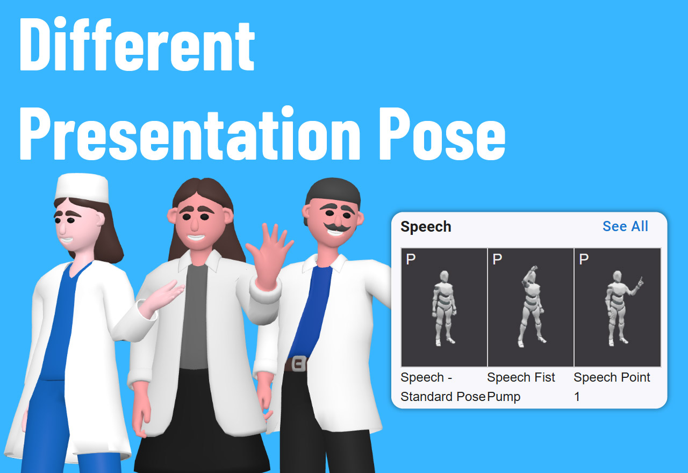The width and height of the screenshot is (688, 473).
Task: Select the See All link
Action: tap(625, 226)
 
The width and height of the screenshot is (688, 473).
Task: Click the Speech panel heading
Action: tap(426, 227)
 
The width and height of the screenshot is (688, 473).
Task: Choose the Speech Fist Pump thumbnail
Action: tap(531, 307)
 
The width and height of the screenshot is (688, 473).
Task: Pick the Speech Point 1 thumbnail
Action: tap(618, 307)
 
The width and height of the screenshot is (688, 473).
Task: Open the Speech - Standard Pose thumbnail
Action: tap(444, 307)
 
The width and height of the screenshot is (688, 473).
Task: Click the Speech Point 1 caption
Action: tap(612, 386)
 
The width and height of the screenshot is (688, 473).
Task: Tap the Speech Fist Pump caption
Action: tap(520, 386)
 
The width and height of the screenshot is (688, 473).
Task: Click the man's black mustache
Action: tap(337, 228)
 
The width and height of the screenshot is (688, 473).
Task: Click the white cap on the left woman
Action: tap(82, 188)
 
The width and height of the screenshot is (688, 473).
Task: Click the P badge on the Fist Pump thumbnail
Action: tap(497, 259)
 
